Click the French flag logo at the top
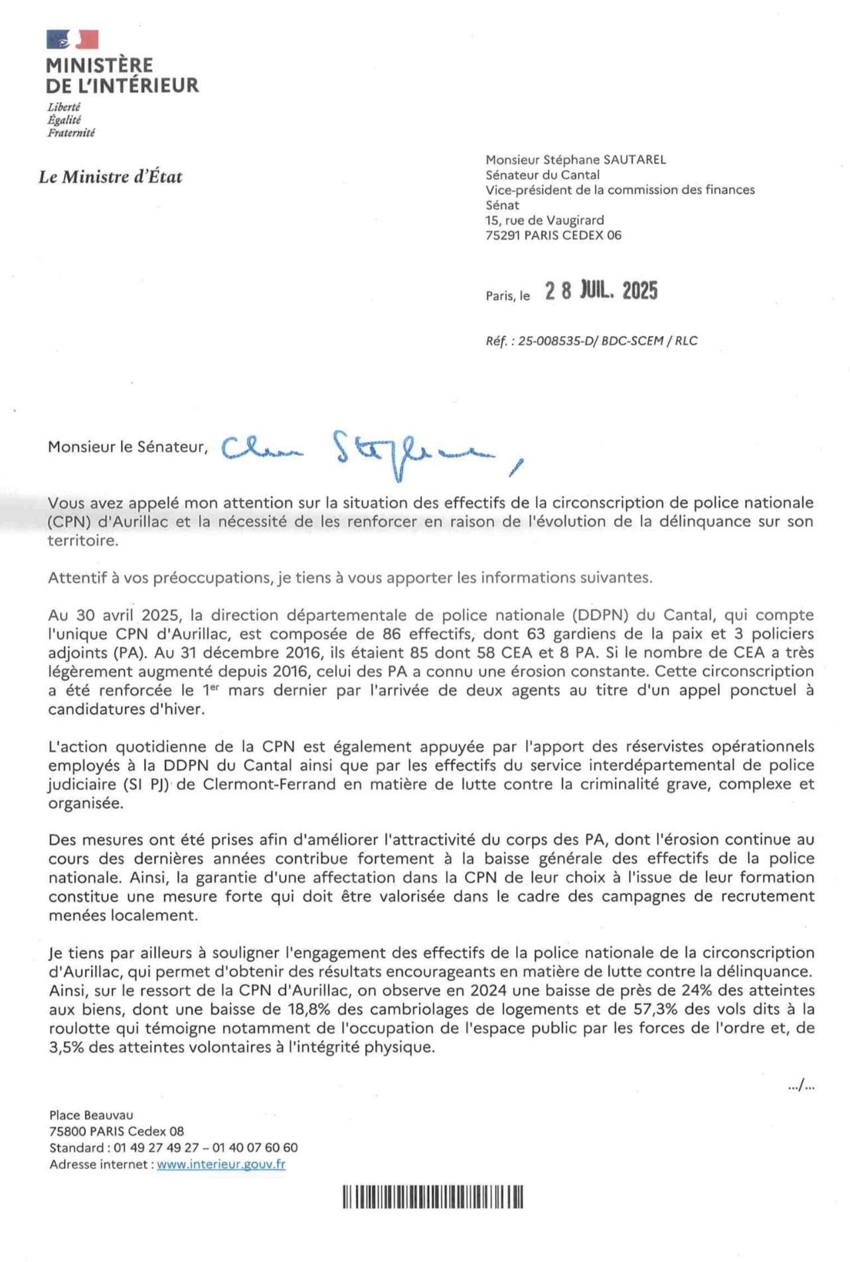pos(72,40)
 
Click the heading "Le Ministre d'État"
pos(110,177)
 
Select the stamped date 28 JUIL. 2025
pos(601,291)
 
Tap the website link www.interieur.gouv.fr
pos(221,1164)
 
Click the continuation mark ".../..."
pos(801,1086)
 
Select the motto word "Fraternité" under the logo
pos(71,133)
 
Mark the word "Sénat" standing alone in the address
pos(502,205)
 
